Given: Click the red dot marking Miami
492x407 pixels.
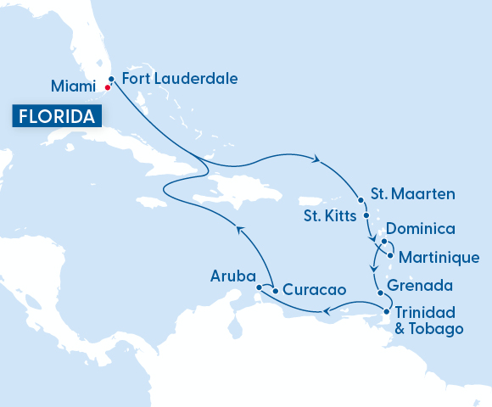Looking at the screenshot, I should click(x=107, y=87).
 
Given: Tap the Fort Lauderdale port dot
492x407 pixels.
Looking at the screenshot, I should click(x=112, y=79).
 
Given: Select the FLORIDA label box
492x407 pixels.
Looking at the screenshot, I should click(x=53, y=116).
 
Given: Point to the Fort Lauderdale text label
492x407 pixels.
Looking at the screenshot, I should click(x=180, y=79).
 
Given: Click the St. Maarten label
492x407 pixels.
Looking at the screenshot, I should click(x=413, y=194).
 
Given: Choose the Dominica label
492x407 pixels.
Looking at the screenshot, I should click(x=421, y=229).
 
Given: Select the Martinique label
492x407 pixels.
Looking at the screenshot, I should click(x=439, y=257).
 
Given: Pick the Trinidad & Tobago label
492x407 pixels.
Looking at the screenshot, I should click(x=429, y=320).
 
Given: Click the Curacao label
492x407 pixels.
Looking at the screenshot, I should click(x=314, y=289).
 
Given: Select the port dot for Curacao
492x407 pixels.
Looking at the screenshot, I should click(x=276, y=291).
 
